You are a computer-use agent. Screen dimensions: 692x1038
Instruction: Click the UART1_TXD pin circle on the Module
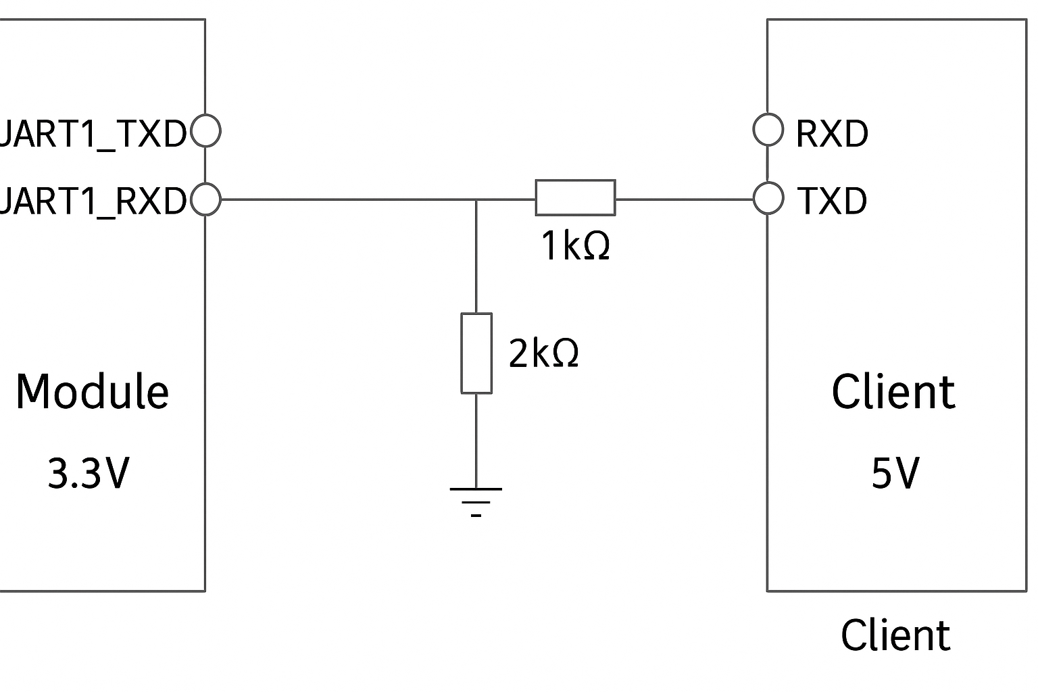click(205, 131)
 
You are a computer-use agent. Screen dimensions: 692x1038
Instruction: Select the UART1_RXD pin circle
click(205, 200)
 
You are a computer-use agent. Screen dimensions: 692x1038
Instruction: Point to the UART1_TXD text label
click(93, 134)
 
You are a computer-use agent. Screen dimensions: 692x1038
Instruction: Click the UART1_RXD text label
click(93, 201)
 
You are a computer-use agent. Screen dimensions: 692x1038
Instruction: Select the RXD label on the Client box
click(831, 134)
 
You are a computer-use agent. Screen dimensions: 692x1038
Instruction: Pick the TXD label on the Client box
click(831, 201)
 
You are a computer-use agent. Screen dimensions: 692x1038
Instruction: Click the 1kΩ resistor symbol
click(575, 197)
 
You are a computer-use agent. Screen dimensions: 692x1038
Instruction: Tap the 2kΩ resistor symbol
click(476, 353)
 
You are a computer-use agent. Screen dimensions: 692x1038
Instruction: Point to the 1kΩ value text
click(575, 246)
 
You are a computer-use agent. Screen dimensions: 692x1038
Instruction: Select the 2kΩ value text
click(543, 353)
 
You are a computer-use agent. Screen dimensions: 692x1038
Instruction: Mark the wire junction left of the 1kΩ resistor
click(476, 200)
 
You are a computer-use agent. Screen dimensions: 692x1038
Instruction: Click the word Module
click(92, 392)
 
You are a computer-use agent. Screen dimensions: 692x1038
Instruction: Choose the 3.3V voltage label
click(88, 474)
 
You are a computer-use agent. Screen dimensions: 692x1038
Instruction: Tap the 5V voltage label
click(895, 474)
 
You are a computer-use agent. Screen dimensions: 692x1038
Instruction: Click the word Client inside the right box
click(893, 392)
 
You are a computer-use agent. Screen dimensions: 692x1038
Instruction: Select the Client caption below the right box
click(895, 636)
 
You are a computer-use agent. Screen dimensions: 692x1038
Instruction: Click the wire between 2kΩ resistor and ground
click(476, 439)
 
